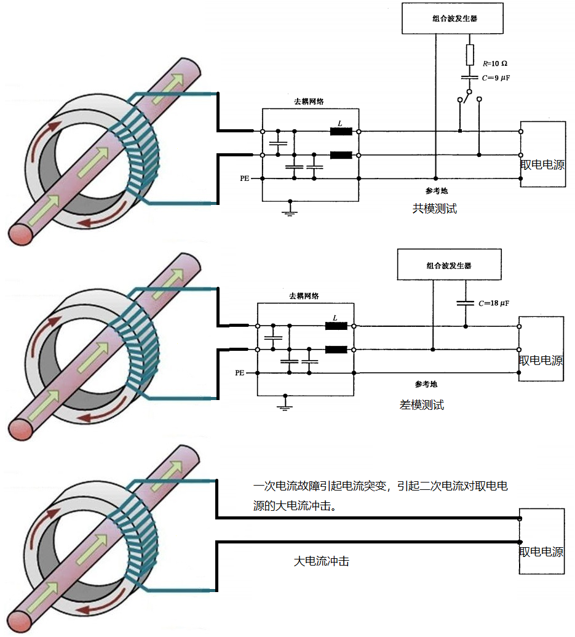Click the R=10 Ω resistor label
(x=494, y=63)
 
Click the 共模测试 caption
(x=435, y=209)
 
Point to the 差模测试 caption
(x=421, y=405)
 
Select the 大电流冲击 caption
(x=322, y=561)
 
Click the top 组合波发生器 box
(x=453, y=18)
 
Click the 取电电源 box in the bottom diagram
(x=542, y=542)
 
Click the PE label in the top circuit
(x=245, y=178)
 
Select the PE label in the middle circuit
(x=240, y=373)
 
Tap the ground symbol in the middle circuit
(x=284, y=404)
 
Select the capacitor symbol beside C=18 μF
(x=465, y=303)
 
